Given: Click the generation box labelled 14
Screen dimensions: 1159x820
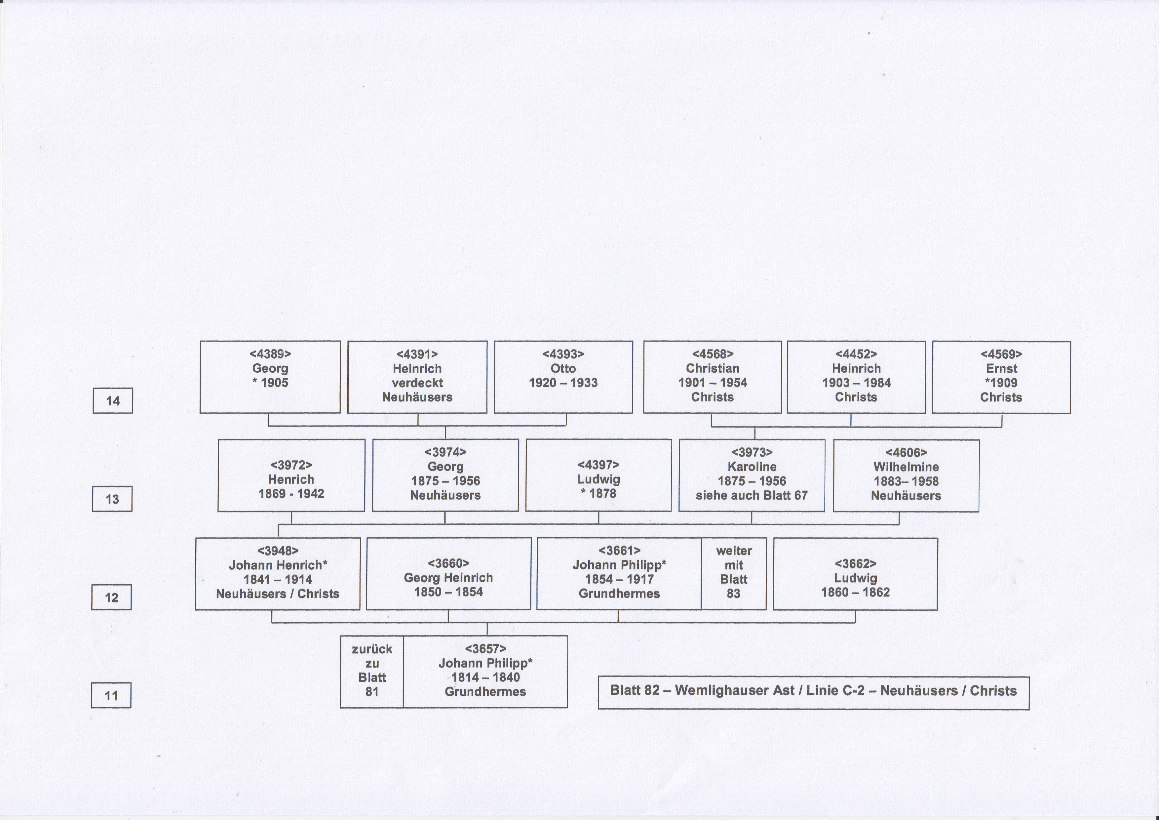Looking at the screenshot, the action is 113,400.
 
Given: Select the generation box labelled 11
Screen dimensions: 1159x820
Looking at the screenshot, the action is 111,695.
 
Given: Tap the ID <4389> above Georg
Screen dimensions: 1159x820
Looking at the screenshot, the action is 270,354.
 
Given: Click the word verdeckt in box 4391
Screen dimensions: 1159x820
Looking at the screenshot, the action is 417,383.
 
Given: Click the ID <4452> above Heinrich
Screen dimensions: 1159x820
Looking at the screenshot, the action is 856,354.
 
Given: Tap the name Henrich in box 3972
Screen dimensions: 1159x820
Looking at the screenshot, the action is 291,479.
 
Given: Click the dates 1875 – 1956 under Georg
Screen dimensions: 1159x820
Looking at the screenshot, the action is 445,481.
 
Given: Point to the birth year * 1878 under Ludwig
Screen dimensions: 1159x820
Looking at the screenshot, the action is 599,493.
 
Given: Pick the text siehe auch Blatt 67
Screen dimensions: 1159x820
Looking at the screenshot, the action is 752,495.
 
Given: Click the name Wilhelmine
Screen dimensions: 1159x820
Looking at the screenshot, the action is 906,467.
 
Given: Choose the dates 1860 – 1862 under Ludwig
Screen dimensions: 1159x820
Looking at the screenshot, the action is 855,592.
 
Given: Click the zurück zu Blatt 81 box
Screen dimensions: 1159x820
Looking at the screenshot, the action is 372,672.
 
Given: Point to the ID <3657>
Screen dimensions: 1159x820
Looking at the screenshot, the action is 485,648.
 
